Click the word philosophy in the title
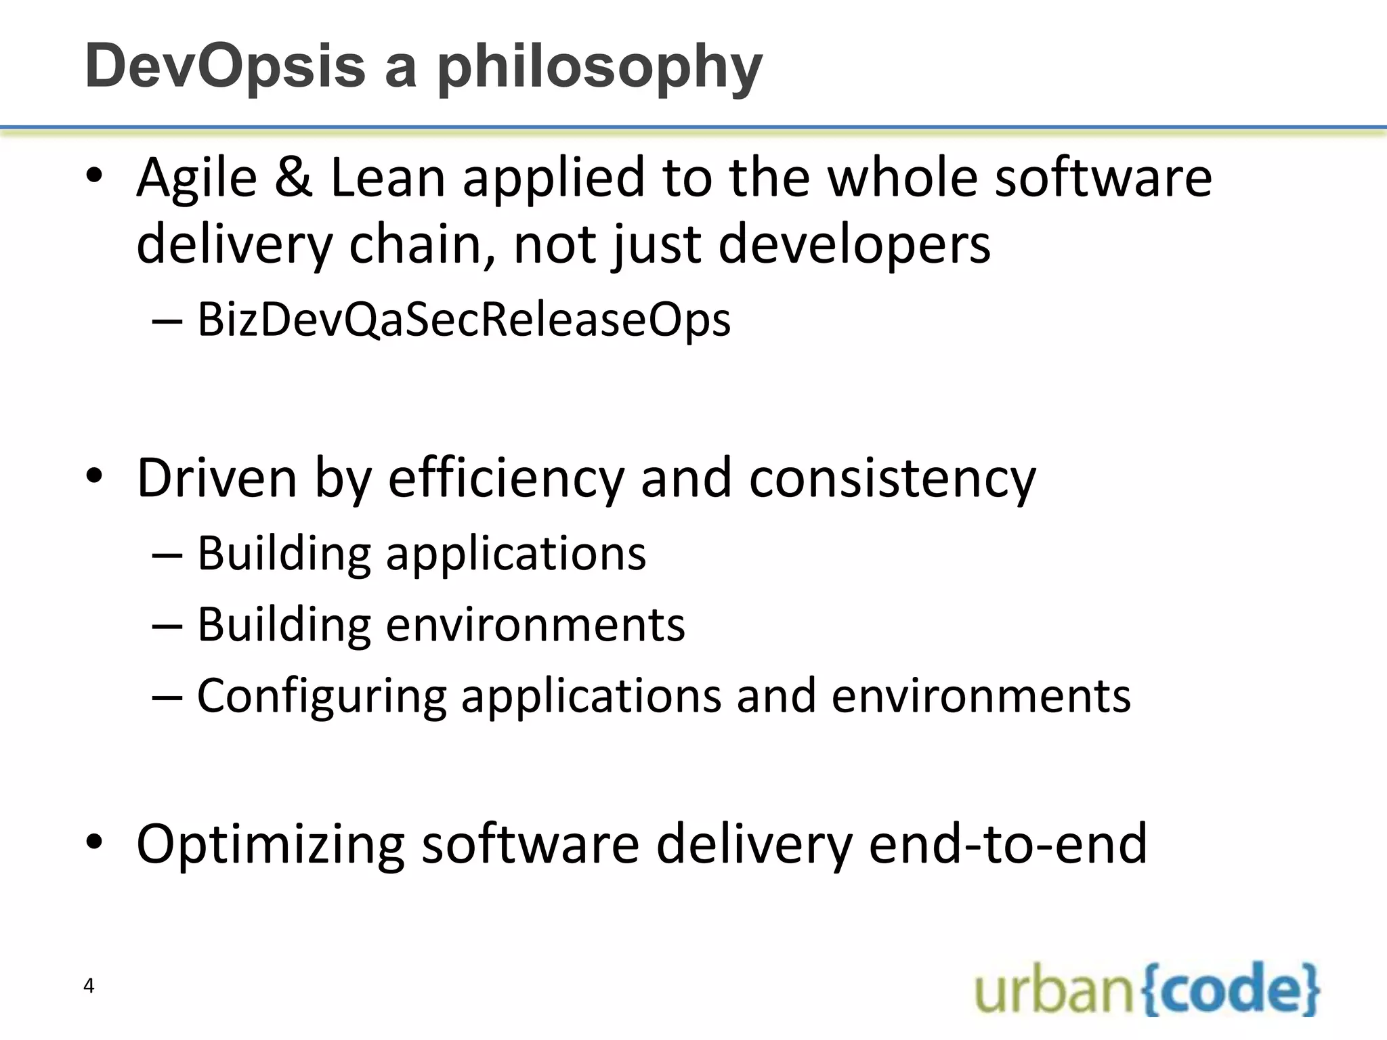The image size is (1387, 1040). point(600,68)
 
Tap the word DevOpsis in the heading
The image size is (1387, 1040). point(225,66)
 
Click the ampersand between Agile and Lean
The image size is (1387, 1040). point(293,178)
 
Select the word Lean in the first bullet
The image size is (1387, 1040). point(387,178)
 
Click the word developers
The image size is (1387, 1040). point(854,244)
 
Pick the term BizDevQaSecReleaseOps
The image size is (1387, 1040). point(464,320)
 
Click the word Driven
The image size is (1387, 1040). point(217,479)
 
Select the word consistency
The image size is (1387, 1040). point(893,479)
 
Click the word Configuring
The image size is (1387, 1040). point(322,696)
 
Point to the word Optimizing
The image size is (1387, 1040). point(270,844)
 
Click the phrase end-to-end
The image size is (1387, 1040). point(1008,844)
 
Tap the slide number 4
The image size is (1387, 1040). point(89,986)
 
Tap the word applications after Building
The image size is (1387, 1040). point(515,554)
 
